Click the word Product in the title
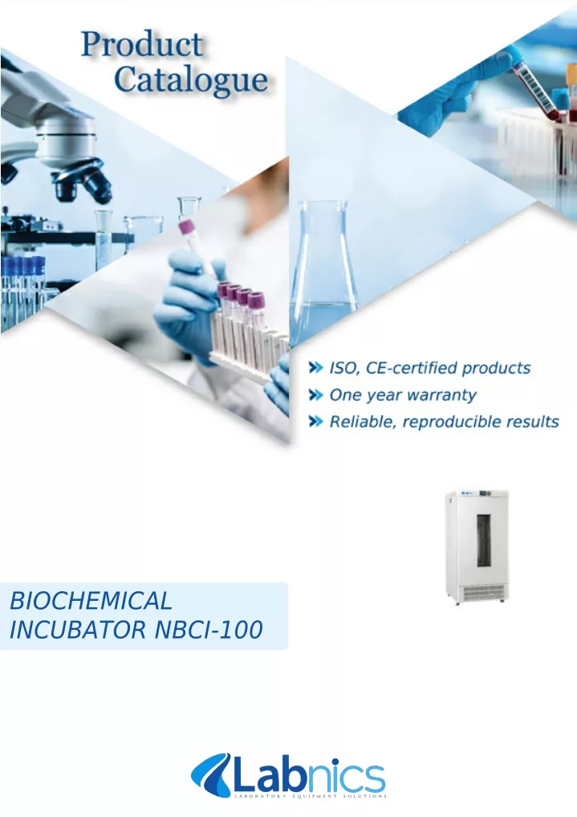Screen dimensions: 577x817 [142, 44]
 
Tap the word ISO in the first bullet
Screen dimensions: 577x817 [344, 369]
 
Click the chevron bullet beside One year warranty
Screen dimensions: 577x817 [316, 395]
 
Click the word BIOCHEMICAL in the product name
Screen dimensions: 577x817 [91, 601]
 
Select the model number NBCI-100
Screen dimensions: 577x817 [209, 630]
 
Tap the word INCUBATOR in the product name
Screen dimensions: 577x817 [78, 630]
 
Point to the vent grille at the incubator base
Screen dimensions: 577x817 [483, 591]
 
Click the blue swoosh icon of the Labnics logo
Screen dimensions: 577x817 [211, 776]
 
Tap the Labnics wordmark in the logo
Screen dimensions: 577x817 [309, 776]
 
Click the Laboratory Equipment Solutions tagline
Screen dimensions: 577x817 [310, 796]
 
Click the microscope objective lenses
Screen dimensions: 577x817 [83, 182]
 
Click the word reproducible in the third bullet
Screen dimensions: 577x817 [450, 422]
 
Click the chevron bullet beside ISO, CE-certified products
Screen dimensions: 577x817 [316, 368]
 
